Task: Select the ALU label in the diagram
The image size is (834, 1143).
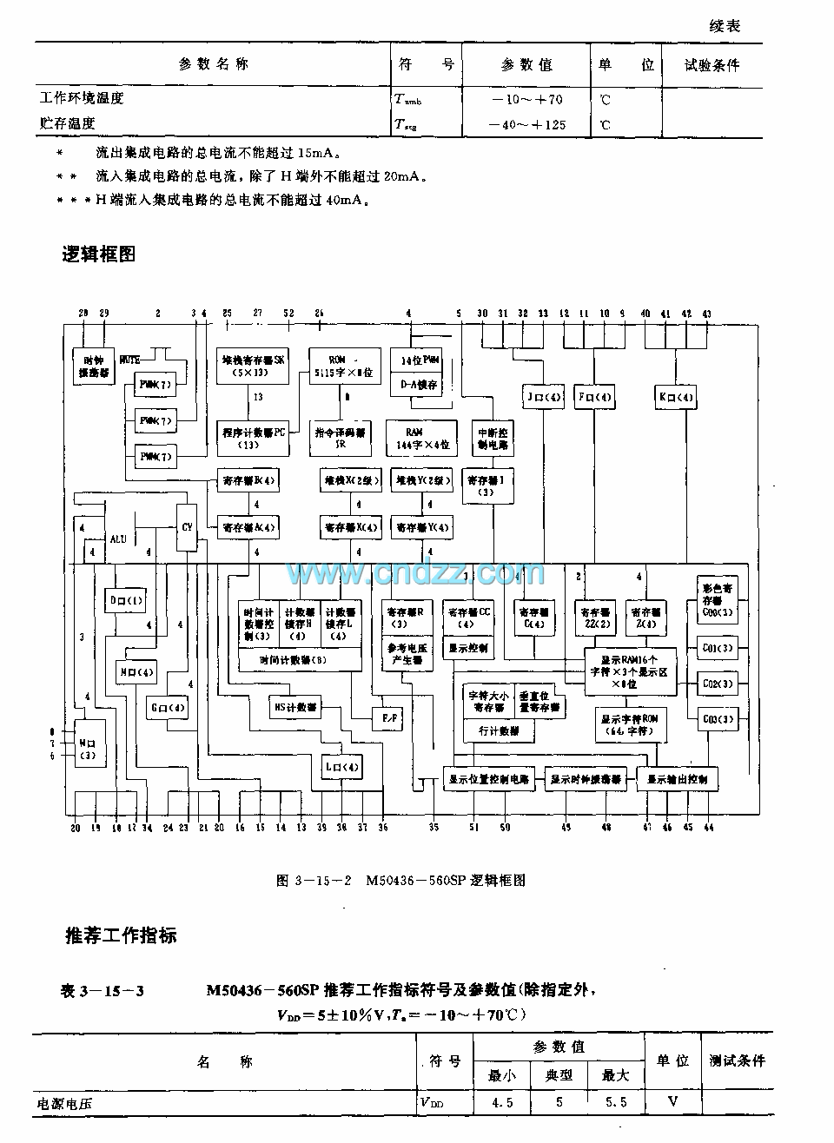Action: [118, 538]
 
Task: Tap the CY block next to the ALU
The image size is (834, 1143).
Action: [187, 527]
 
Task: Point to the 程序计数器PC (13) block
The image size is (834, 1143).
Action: [253, 438]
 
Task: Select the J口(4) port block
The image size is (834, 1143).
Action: [541, 398]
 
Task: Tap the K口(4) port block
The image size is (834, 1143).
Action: [675, 398]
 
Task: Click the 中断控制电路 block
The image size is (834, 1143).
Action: [493, 438]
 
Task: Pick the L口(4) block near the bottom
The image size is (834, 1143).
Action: [341, 767]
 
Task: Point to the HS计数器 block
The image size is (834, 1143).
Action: [295, 706]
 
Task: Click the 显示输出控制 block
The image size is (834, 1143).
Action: [677, 779]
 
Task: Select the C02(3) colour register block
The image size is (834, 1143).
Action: [717, 684]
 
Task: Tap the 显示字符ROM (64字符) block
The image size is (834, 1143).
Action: [632, 725]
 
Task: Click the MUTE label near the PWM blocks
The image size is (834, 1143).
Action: [130, 358]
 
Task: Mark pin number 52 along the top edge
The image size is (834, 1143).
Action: [288, 313]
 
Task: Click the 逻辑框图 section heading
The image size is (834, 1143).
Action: [99, 254]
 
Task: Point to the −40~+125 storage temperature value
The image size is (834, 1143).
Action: [526, 124]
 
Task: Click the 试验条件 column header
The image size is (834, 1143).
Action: [712, 65]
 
